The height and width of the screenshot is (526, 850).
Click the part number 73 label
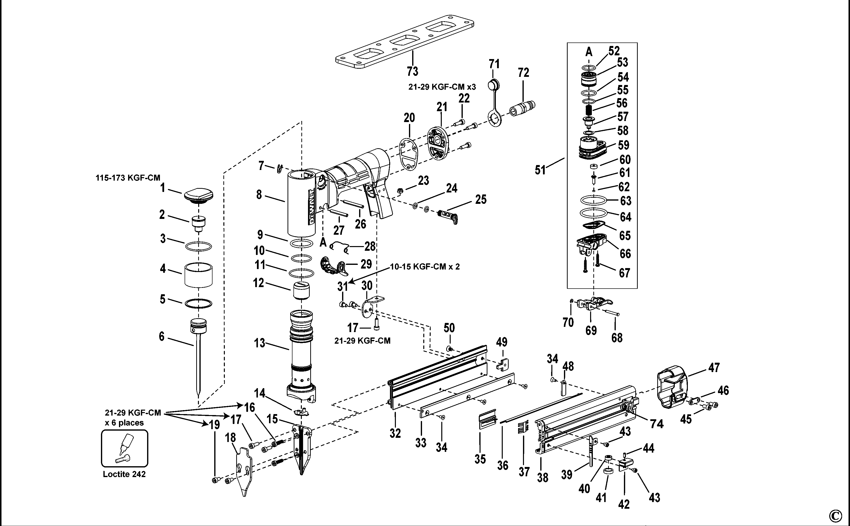(412, 72)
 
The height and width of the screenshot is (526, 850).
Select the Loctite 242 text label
(124, 474)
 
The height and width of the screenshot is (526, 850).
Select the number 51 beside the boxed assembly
(540, 170)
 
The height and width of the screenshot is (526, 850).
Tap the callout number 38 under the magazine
(542, 478)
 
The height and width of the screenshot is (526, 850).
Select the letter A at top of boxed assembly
(589, 52)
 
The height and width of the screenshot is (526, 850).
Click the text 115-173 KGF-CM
(128, 178)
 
